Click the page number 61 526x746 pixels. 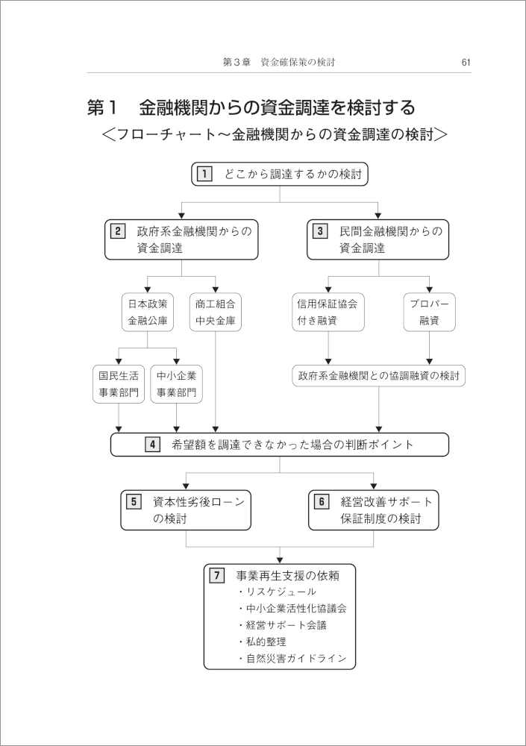click(x=466, y=63)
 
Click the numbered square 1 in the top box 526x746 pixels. click(x=204, y=174)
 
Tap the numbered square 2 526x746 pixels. click(x=118, y=232)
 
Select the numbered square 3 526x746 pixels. click(x=320, y=232)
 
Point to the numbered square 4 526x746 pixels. click(x=152, y=445)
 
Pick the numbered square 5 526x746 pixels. click(x=134, y=501)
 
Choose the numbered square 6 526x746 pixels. click(x=322, y=501)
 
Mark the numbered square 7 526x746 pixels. click(x=217, y=575)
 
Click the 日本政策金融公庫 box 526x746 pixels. click(x=148, y=312)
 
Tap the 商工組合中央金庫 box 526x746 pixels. click(x=216, y=312)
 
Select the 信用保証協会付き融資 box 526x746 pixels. click(x=328, y=312)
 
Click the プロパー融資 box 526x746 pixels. click(x=429, y=312)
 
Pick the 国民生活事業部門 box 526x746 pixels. click(x=119, y=384)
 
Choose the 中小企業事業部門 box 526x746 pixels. click(x=177, y=384)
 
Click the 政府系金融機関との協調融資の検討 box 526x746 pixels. click(x=379, y=376)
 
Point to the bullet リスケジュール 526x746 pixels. click(x=277, y=592)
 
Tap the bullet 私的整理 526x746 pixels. click(x=263, y=642)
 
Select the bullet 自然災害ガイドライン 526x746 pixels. click(x=292, y=659)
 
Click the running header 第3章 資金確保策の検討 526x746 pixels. click(x=280, y=63)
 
